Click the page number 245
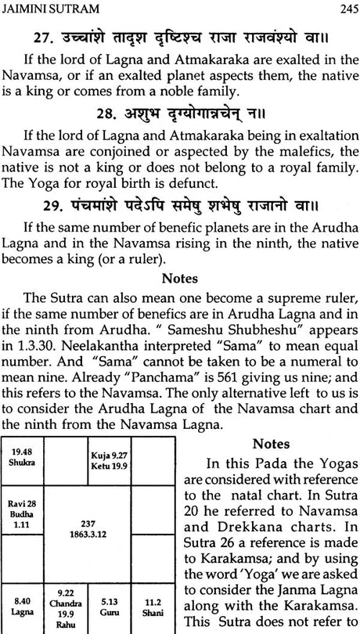pos(344,9)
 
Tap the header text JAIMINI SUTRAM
pos(49,9)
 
